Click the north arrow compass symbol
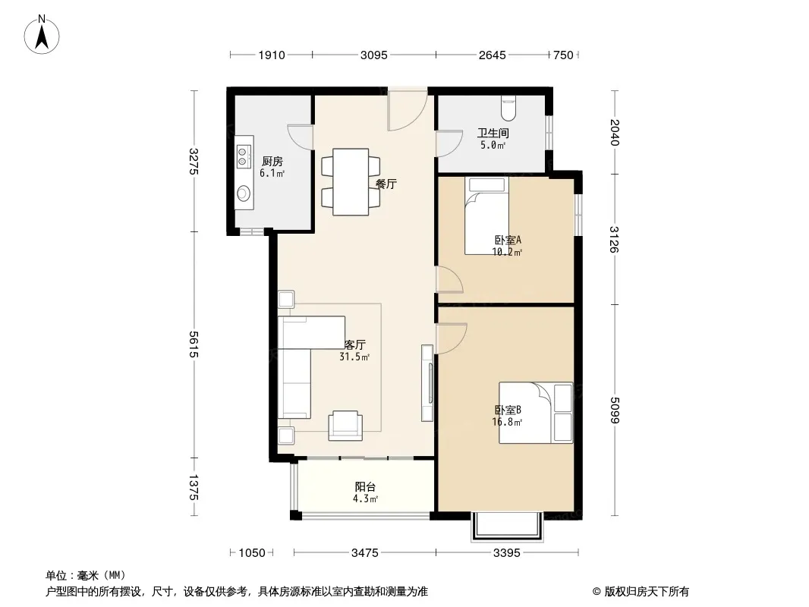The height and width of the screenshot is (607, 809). (x=42, y=35)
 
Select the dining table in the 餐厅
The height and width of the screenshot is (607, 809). (x=351, y=181)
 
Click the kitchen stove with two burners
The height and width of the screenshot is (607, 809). (x=243, y=156)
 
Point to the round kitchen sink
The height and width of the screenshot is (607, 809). (x=243, y=193)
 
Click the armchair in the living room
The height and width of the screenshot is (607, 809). (x=345, y=426)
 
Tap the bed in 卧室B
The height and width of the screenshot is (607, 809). (x=536, y=413)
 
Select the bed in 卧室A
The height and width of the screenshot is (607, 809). (x=486, y=215)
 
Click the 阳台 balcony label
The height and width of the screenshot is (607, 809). (x=365, y=486)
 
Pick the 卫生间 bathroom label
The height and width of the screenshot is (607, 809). (x=493, y=133)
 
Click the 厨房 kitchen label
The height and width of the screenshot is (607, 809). (x=272, y=161)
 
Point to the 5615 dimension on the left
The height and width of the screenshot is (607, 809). (x=194, y=344)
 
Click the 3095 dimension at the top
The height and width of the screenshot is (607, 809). (x=373, y=55)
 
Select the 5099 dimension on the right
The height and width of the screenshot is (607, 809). (x=614, y=410)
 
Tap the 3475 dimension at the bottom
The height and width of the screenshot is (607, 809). (x=365, y=553)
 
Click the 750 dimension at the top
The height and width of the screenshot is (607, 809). (x=563, y=55)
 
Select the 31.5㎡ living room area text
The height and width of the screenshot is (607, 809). (x=354, y=357)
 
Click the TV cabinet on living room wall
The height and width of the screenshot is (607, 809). (x=427, y=382)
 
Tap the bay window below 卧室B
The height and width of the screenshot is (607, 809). (x=507, y=527)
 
